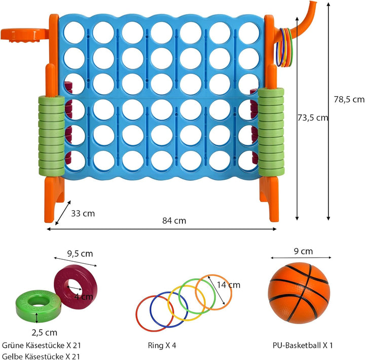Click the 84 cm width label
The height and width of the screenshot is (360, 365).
click(174, 221)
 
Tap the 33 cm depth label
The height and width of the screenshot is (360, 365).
click(83, 214)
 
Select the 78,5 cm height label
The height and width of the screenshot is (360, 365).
click(349, 100)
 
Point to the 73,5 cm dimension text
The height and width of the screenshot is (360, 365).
click(313, 118)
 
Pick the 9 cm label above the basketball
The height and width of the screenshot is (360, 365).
click(303, 252)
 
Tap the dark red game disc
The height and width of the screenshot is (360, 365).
click(76, 287)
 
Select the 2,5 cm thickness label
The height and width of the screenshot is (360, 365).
click(45, 333)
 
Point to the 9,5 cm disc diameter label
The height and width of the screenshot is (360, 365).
click(80, 254)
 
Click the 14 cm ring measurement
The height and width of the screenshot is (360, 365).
click(229, 285)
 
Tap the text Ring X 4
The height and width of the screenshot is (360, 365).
click(162, 345)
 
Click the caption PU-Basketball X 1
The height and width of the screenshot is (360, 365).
click(303, 345)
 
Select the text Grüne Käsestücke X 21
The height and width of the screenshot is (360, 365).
click(42, 345)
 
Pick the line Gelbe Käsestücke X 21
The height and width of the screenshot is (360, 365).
click(41, 356)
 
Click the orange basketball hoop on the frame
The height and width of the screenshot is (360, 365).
click(25, 35)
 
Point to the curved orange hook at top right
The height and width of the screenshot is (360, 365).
click(300, 23)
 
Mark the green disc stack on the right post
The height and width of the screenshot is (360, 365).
click(271, 132)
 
